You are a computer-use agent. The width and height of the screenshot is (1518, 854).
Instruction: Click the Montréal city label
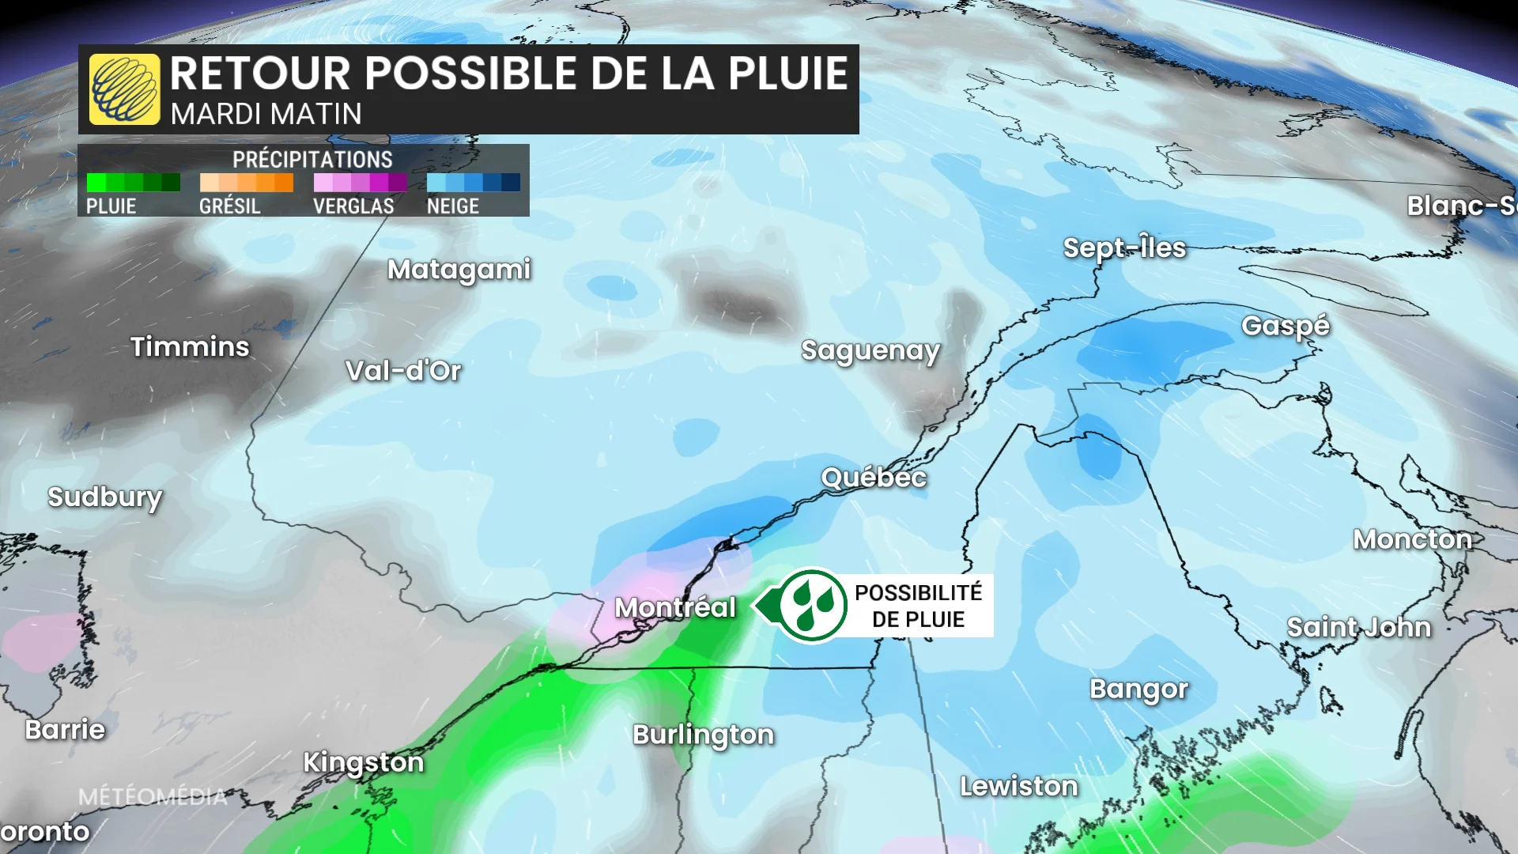(675, 607)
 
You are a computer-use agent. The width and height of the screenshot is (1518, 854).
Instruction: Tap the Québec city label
(874, 478)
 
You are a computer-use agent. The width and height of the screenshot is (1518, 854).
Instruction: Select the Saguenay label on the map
(870, 350)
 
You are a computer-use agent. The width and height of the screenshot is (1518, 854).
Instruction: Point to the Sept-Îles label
(1124, 248)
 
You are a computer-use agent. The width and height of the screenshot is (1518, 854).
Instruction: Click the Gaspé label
(1286, 326)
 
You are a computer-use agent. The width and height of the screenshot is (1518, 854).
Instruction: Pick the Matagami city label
(459, 270)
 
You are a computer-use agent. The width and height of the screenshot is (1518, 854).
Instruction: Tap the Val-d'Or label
(403, 371)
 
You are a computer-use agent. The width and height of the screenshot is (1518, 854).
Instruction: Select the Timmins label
(190, 346)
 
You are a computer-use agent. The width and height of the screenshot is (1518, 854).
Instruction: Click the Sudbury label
(105, 497)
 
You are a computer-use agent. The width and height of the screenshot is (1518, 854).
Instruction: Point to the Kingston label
(364, 762)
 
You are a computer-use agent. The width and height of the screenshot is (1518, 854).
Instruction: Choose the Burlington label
(704, 735)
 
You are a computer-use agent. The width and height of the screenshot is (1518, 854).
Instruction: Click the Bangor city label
(1138, 689)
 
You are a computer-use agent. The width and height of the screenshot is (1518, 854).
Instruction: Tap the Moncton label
(1412, 539)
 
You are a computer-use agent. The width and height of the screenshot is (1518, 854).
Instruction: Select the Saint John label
(1359, 627)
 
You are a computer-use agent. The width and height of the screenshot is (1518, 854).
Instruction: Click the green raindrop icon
(813, 606)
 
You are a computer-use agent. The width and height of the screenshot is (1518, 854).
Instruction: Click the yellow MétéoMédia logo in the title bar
(125, 89)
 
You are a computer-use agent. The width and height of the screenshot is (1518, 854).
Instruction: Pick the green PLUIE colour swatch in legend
(133, 183)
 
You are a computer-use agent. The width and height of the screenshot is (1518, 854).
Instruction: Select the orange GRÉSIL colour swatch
(246, 183)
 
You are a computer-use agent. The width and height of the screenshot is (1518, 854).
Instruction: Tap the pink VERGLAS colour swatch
(360, 183)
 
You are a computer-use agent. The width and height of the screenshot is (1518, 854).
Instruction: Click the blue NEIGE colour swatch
(473, 183)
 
